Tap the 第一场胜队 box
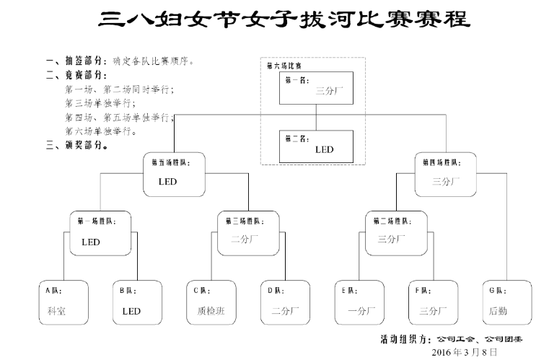click(101, 232)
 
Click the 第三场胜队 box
click(248, 232)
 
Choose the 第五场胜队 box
click(175, 174)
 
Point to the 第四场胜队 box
click(446, 174)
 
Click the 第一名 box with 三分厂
click(316, 88)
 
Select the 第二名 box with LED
click(316, 146)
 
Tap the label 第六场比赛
click(284, 66)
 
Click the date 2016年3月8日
click(464, 352)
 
